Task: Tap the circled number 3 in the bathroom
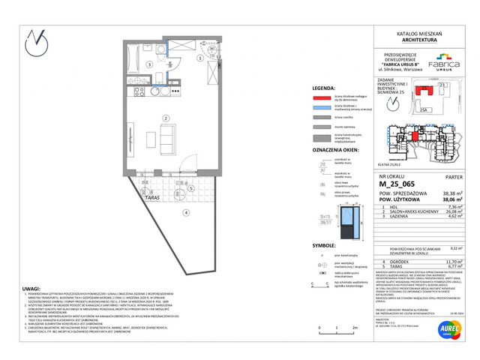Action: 149,65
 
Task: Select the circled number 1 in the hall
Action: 199,58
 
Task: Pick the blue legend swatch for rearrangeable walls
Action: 322,108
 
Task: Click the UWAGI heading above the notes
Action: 31,287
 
